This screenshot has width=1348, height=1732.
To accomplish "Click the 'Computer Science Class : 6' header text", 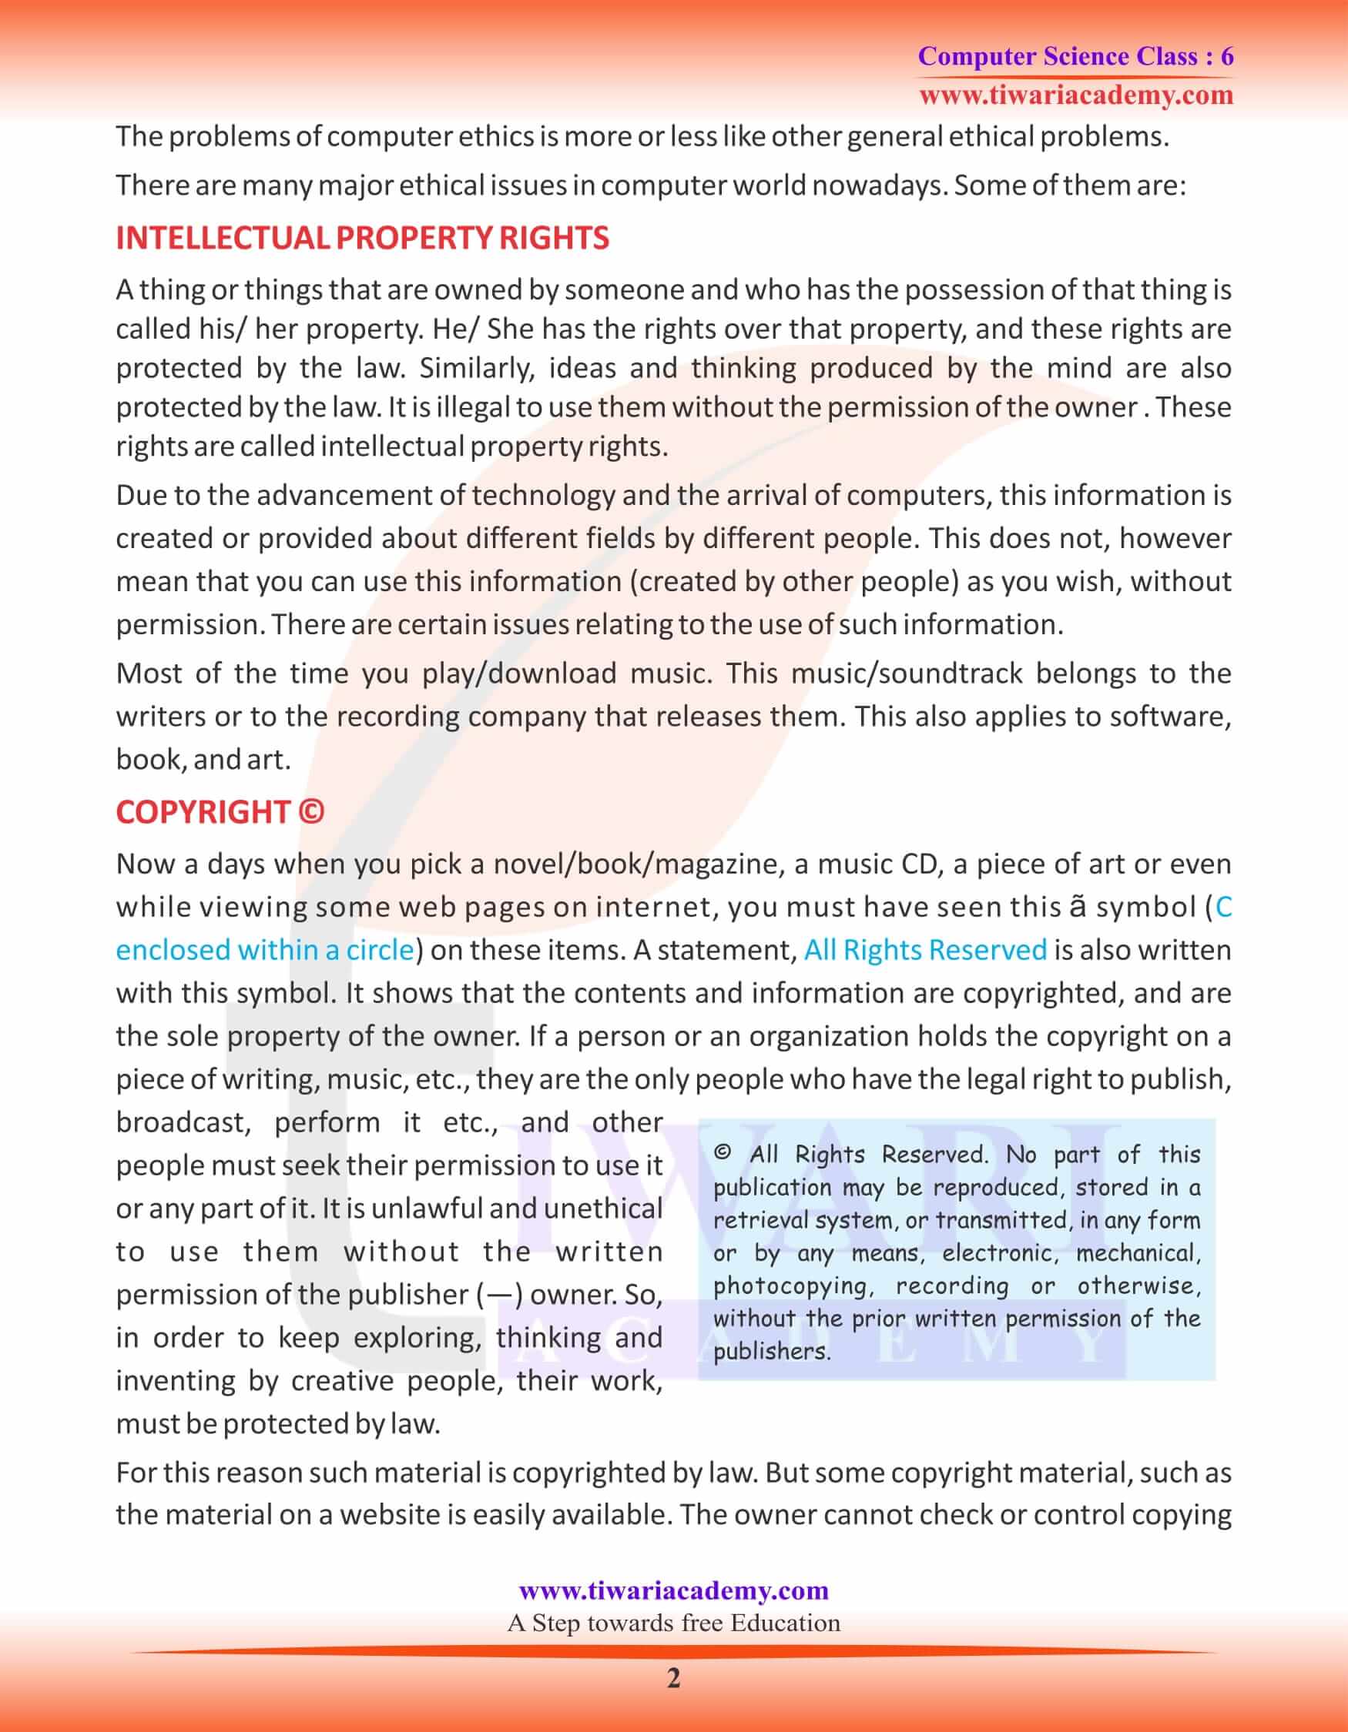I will [x=1075, y=56].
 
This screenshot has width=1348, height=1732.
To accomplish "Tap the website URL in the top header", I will [x=1076, y=96].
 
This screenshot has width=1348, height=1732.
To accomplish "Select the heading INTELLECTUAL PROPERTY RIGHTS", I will [x=362, y=238].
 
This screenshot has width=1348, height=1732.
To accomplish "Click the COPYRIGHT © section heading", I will [x=220, y=812].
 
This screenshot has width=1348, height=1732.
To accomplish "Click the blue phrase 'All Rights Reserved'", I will [x=925, y=950].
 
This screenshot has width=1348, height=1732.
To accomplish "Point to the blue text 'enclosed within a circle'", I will [x=265, y=950].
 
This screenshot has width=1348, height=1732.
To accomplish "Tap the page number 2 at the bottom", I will [x=673, y=1678].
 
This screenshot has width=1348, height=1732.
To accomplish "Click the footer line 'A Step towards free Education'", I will [x=673, y=1623].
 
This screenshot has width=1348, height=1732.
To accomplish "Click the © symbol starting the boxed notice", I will [x=721, y=1154].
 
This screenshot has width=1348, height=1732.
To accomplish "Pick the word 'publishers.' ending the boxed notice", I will [x=771, y=1351].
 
